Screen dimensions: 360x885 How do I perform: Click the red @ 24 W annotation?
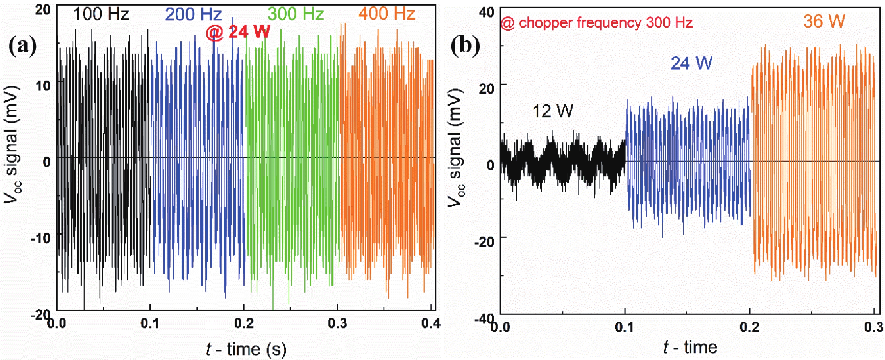(x=238, y=33)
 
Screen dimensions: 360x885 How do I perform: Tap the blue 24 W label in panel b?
(x=692, y=63)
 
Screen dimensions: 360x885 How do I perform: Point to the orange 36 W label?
(x=824, y=21)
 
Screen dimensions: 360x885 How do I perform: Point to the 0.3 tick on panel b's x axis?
(x=873, y=327)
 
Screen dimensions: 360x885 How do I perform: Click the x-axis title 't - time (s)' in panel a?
(x=246, y=349)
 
